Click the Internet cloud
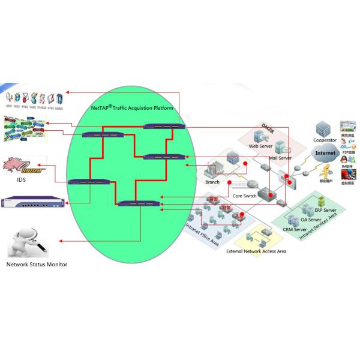coord(326,154)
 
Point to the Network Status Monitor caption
coord(37,264)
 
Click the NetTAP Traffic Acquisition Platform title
coord(132,109)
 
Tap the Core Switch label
coord(244,196)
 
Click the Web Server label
coord(261,146)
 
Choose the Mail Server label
coord(280,158)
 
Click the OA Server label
coord(312,220)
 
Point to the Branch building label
coord(212,182)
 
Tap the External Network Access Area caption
coord(256,251)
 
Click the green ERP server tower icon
coord(322,201)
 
